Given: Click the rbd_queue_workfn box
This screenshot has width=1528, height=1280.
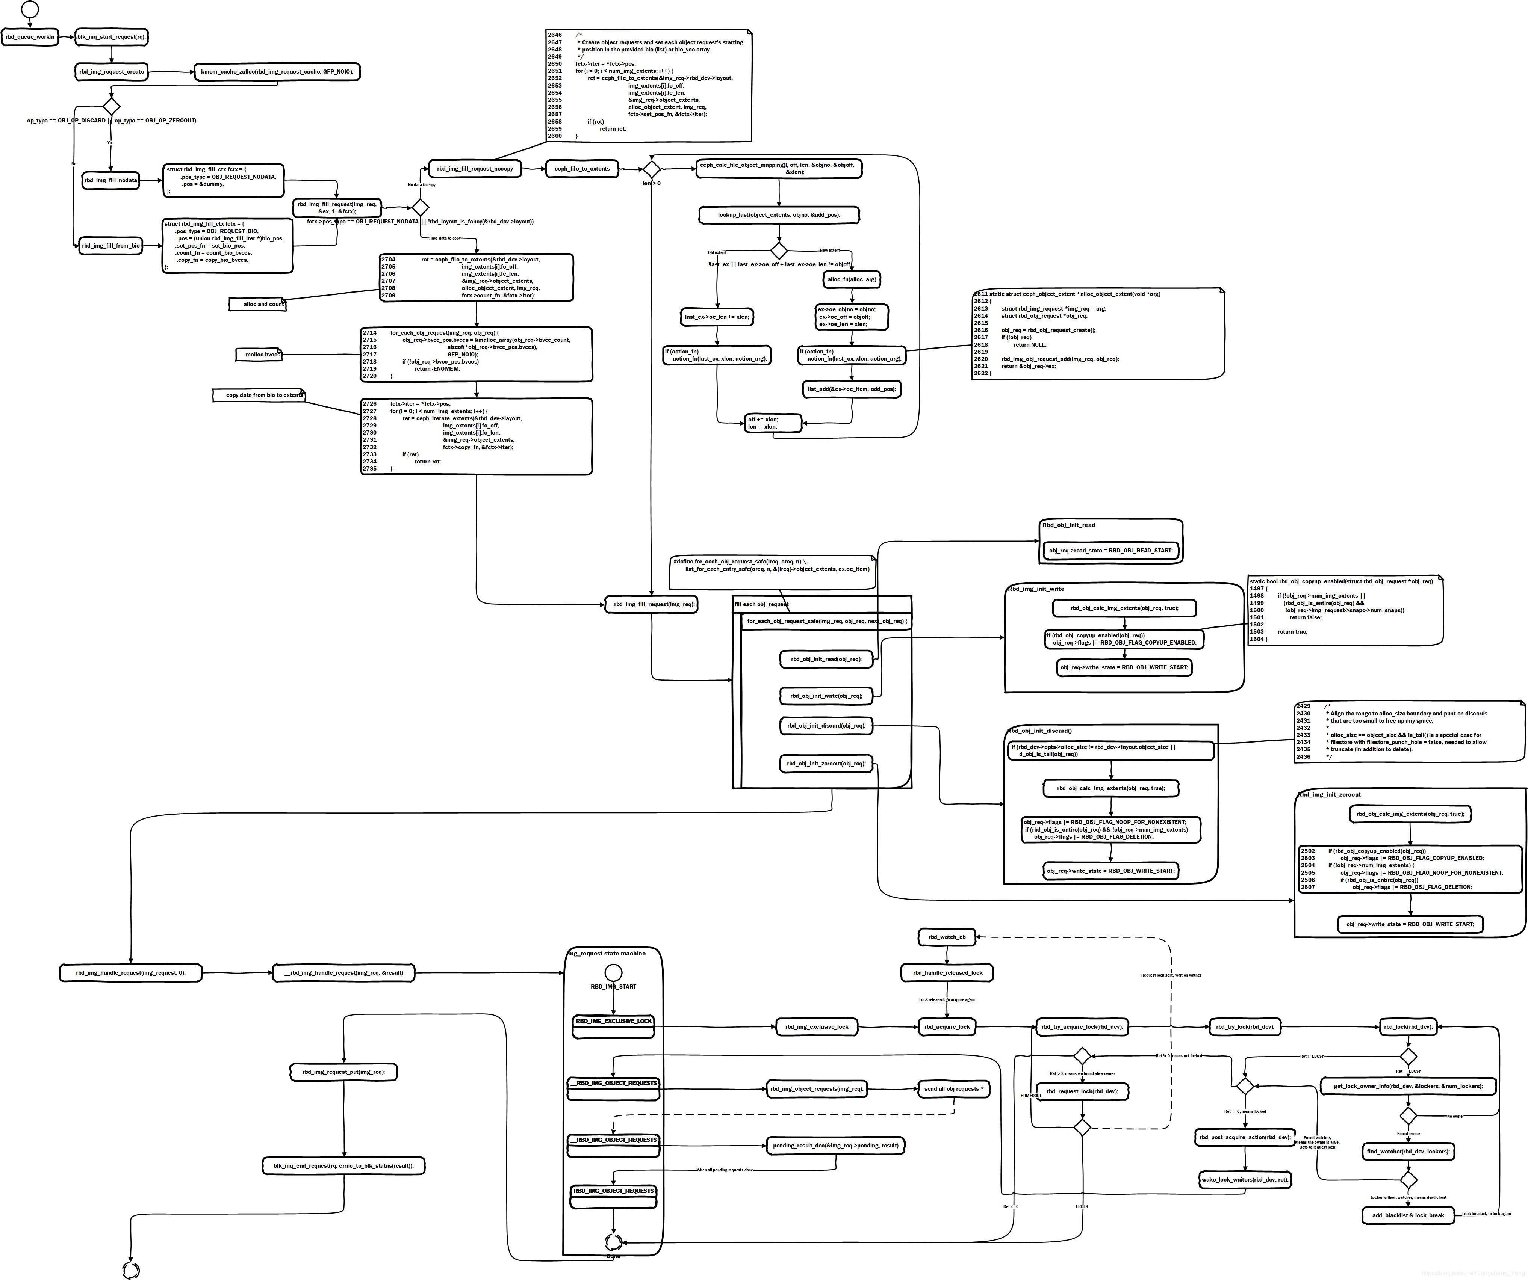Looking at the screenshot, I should [30, 36].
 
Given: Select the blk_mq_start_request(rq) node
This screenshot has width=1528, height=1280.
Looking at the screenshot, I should [111, 36].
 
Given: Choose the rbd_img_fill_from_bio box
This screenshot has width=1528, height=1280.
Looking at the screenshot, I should [110, 246].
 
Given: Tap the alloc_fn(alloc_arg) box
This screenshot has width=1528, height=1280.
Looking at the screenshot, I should [851, 279].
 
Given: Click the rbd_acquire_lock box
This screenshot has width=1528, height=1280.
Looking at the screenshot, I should [947, 1027].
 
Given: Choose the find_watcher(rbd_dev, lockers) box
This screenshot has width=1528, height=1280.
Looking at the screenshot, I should [1408, 1151].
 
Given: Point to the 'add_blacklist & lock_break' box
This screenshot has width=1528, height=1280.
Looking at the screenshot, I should [1408, 1215].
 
